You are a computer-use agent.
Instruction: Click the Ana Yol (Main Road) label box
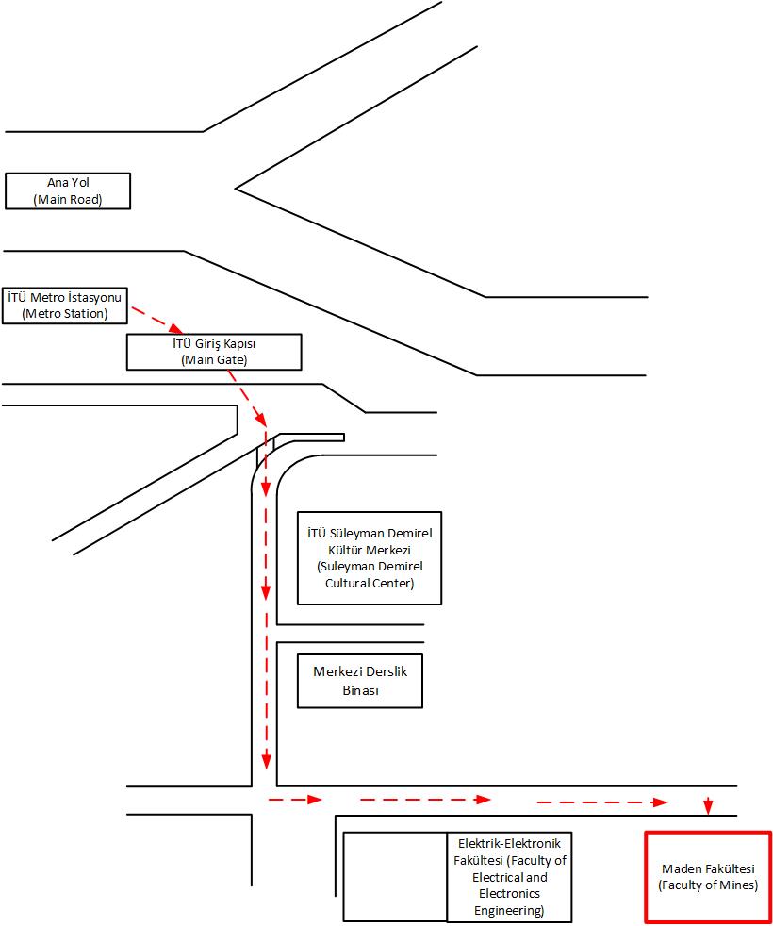tap(68, 190)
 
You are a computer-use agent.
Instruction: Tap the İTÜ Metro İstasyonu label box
tap(65, 306)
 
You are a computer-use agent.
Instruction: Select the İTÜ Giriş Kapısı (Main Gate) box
tap(214, 352)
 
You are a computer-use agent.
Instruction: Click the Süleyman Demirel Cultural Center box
tap(370, 558)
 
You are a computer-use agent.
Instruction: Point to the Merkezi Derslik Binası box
tap(360, 681)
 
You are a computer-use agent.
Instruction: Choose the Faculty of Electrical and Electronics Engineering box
tap(510, 877)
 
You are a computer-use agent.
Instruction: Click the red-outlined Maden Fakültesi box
tap(708, 877)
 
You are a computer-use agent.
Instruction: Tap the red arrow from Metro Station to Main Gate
tap(157, 320)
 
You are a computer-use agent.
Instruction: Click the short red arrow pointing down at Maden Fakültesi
tap(708, 805)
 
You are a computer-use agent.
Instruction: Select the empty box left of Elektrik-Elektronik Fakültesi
tap(395, 877)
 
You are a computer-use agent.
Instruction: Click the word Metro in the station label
tap(47, 297)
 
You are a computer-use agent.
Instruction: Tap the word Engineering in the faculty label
tap(509, 911)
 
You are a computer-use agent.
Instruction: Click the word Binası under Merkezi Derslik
tap(360, 689)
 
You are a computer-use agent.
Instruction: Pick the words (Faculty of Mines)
tap(708, 885)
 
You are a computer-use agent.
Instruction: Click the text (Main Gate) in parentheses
tap(214, 359)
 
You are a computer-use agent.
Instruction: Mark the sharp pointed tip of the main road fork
tap(236, 189)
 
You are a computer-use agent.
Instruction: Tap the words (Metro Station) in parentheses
tap(65, 314)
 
